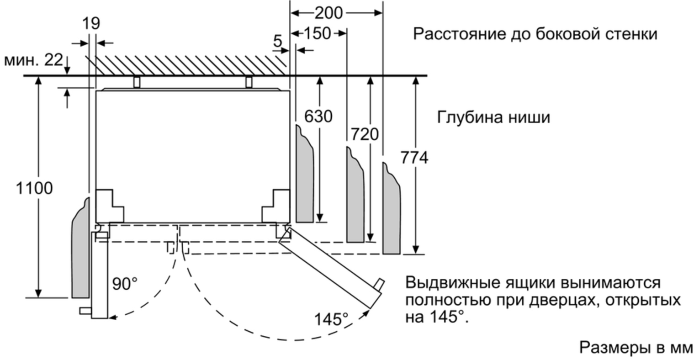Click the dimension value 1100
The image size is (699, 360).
[34, 188]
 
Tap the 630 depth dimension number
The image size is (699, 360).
[318, 117]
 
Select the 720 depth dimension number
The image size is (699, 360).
[365, 134]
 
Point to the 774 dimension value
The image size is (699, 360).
[414, 158]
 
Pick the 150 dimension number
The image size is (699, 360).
[317, 33]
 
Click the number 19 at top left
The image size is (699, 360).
[91, 23]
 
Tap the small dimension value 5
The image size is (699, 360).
[277, 42]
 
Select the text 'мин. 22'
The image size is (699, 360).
[33, 60]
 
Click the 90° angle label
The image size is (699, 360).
[125, 284]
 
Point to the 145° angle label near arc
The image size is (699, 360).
[331, 319]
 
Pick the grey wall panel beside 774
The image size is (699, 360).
[391, 210]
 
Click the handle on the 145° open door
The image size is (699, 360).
[379, 285]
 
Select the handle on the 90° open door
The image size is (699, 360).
[85, 311]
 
